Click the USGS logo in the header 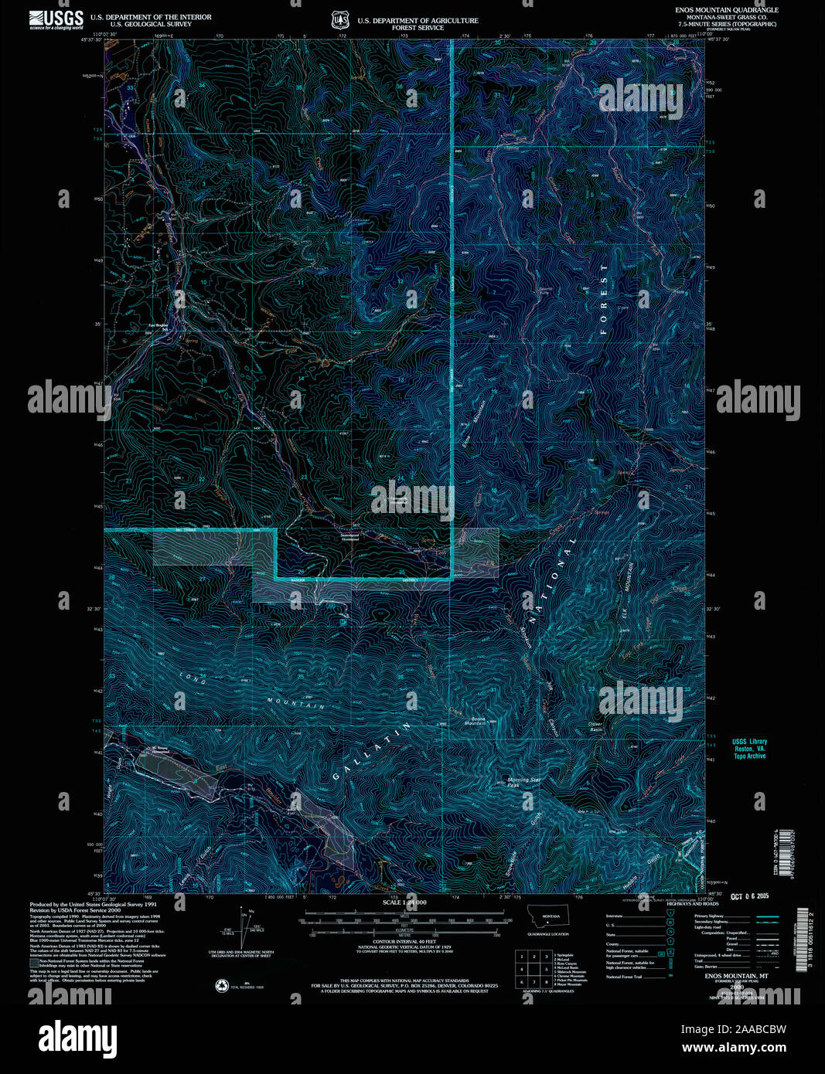56,19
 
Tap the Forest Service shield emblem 339,20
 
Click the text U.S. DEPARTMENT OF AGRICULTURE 418,21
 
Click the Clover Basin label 595,726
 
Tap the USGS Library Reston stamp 749,749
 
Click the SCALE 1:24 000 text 404,902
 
